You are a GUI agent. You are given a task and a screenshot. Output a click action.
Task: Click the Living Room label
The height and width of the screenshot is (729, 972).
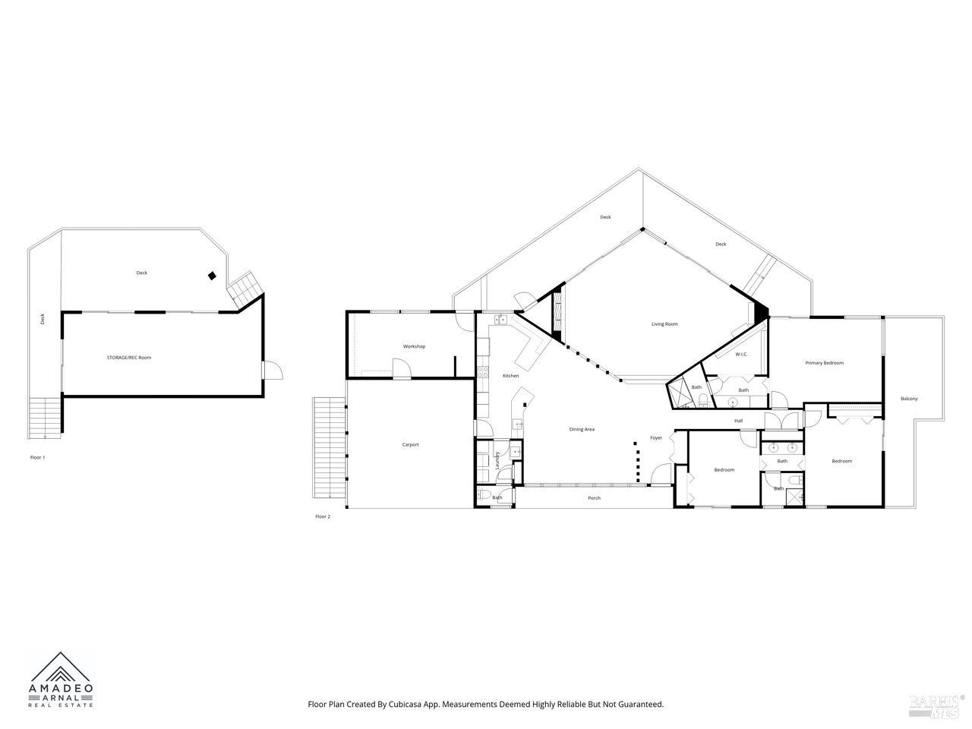point(664,324)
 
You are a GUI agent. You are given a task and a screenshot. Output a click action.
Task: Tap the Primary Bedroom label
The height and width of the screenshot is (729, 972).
point(824,363)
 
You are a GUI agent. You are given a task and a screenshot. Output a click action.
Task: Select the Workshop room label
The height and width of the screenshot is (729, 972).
point(414,346)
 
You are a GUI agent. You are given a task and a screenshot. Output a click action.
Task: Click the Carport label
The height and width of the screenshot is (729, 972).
point(410,445)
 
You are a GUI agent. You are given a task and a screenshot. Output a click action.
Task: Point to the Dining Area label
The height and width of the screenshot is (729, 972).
point(582,429)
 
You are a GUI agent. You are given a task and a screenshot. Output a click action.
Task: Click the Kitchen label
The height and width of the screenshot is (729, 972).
point(511,376)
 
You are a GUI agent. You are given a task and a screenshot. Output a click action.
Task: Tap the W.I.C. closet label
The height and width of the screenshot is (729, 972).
point(741,354)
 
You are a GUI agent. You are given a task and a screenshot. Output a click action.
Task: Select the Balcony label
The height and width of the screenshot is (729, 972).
point(909,399)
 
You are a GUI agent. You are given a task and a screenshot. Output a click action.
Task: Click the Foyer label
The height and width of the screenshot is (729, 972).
point(656,438)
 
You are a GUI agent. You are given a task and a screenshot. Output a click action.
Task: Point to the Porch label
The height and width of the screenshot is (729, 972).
point(595,498)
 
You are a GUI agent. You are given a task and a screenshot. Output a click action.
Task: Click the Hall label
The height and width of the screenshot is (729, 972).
point(738,421)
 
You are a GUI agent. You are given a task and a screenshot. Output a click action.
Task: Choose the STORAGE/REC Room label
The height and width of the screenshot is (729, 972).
point(128,357)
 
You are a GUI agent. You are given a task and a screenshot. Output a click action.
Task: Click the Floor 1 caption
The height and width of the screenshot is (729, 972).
point(37,457)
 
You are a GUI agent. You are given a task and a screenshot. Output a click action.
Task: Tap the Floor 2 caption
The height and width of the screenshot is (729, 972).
point(323,516)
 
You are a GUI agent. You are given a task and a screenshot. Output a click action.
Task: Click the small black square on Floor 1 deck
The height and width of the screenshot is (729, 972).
point(213,276)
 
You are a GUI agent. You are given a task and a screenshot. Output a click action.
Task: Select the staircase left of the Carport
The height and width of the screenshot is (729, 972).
point(327,448)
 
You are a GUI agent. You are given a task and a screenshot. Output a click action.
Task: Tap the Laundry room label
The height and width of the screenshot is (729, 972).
point(497,460)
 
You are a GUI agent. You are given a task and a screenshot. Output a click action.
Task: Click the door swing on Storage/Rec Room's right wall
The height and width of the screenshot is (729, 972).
point(275,371)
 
